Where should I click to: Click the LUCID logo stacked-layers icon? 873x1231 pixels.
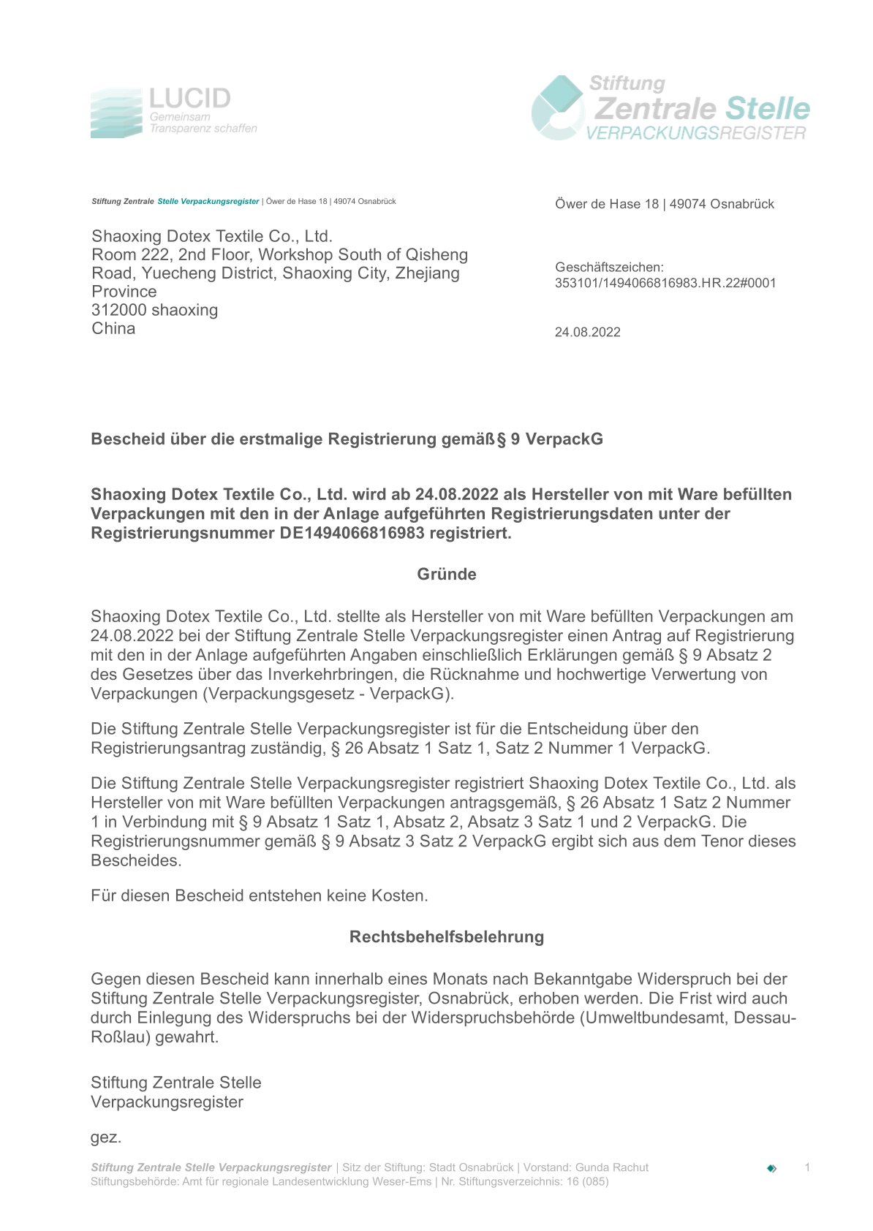coord(116,113)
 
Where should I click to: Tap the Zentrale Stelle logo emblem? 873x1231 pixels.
coord(558,107)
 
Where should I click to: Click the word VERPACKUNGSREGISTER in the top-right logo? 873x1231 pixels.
coord(695,133)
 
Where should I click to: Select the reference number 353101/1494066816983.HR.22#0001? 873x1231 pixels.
coord(665,283)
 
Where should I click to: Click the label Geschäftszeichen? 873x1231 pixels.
coord(608,268)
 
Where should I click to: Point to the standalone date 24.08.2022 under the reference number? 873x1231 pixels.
coord(587,333)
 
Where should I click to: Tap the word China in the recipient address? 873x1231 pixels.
coord(113,329)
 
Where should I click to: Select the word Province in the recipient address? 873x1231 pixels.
coord(124,292)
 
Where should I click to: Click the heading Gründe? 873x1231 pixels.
coord(446,575)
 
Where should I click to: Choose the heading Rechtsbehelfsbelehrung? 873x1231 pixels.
coord(446,937)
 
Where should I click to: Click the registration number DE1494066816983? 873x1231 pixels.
coord(352,533)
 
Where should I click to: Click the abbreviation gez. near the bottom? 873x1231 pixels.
coord(106,1137)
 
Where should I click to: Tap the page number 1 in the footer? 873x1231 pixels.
coord(807,1167)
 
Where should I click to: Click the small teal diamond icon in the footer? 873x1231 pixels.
coord(771,1168)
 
